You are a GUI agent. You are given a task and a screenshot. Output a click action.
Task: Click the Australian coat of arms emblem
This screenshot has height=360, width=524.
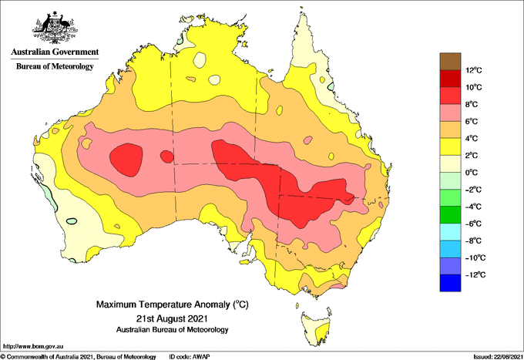click(x=55, y=27)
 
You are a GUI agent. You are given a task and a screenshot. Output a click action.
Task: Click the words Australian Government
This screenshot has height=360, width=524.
click(x=55, y=52)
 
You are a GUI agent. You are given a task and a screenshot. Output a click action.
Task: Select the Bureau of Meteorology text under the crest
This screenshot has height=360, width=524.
click(x=55, y=66)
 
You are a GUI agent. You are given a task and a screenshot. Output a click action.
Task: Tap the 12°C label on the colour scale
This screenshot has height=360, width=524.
click(x=474, y=70)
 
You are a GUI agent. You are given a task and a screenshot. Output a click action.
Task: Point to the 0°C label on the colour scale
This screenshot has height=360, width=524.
click(x=472, y=173)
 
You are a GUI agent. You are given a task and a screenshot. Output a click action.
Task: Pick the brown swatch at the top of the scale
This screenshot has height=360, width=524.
click(x=450, y=62)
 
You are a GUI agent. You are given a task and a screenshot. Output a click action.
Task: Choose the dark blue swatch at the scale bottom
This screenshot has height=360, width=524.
click(x=450, y=283)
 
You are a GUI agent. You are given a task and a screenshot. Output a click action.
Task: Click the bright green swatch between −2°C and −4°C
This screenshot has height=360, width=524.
click(x=450, y=197)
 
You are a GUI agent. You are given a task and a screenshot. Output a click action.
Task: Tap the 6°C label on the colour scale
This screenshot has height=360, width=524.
click(x=472, y=121)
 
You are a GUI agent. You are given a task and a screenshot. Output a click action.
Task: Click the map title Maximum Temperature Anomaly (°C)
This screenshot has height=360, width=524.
click(x=173, y=304)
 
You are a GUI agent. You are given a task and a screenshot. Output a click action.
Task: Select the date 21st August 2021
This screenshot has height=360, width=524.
click(x=172, y=318)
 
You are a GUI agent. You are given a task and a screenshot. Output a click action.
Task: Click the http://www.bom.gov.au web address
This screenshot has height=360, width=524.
click(x=32, y=346)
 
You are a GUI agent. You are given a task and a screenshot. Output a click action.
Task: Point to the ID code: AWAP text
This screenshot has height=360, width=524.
click(x=190, y=357)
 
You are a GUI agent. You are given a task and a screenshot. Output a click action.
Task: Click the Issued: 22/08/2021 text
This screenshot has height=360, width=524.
click(x=498, y=357)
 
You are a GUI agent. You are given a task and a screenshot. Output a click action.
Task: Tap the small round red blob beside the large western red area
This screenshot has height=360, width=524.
click(x=167, y=156)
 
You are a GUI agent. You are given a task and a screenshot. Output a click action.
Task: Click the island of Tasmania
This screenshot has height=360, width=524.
click(x=317, y=328)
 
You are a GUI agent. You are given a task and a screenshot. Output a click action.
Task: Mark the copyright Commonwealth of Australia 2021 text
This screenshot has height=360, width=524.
click(x=79, y=357)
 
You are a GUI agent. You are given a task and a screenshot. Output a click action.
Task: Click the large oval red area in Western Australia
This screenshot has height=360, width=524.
click(x=126, y=160)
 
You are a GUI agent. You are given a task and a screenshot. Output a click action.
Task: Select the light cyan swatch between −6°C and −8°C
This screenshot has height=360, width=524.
click(x=450, y=231)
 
